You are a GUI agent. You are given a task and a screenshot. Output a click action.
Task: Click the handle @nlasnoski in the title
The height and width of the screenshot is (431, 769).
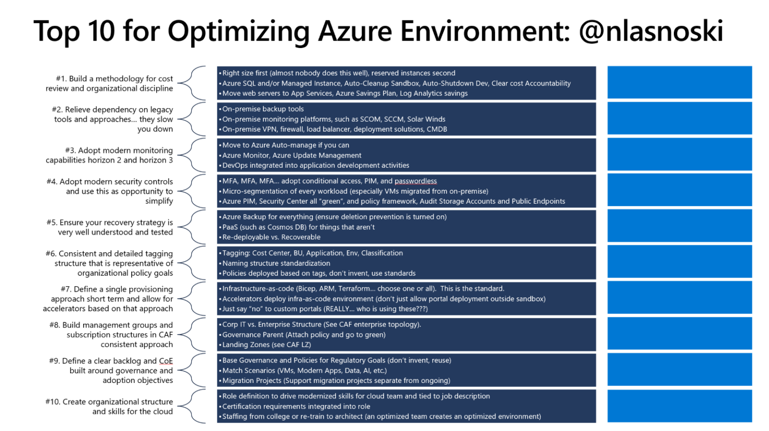651,31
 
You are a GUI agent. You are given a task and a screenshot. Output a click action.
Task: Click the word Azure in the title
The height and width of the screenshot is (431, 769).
355,31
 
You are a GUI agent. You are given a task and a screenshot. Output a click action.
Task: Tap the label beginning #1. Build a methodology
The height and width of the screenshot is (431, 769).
110,84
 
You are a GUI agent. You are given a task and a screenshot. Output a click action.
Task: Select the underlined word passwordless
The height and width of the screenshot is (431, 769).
416,181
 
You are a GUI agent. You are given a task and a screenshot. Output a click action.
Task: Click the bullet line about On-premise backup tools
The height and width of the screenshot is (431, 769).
263,109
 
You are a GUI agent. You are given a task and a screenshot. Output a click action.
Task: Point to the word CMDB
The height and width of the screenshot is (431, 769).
437,129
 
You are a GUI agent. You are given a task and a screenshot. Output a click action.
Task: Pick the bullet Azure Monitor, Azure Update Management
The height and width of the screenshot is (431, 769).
292,155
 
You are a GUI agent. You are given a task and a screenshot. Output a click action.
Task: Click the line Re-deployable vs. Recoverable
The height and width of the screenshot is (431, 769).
271,237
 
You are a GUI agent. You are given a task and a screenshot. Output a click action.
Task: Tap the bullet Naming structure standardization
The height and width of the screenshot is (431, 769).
276,263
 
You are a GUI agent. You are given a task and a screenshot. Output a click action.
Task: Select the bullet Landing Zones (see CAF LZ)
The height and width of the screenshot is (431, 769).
266,345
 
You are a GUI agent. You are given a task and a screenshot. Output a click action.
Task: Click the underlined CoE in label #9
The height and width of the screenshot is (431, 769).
166,361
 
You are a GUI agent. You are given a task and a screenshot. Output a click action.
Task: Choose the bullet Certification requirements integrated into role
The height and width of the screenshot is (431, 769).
296,406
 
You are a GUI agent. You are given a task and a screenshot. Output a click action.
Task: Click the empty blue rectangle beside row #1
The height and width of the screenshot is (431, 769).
679,83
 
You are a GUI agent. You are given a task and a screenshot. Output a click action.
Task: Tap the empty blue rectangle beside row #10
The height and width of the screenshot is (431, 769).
679,406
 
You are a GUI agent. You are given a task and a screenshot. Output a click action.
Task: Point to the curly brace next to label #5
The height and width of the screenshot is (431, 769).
192,227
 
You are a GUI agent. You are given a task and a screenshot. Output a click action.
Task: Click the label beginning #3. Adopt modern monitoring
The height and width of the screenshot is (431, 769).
110,155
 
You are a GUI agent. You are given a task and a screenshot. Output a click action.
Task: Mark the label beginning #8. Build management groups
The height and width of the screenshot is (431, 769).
112,335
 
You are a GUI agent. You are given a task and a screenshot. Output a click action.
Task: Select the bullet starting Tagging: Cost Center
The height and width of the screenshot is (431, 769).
312,253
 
